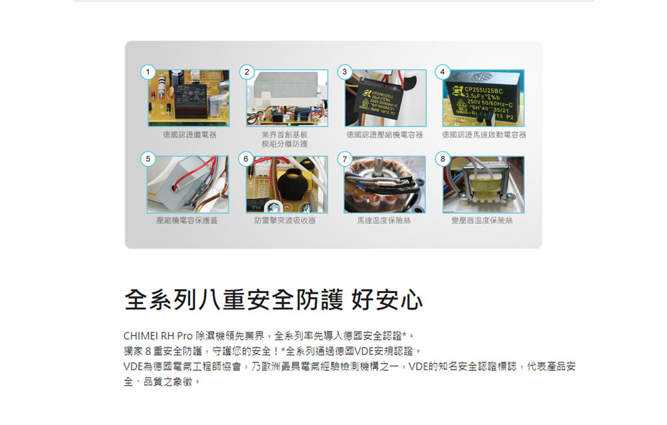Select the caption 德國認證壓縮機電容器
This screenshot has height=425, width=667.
point(385,135)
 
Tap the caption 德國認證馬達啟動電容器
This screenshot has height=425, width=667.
point(484,135)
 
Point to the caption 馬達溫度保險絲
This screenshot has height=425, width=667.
point(385,220)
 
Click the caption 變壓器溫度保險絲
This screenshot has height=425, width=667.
point(484,220)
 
